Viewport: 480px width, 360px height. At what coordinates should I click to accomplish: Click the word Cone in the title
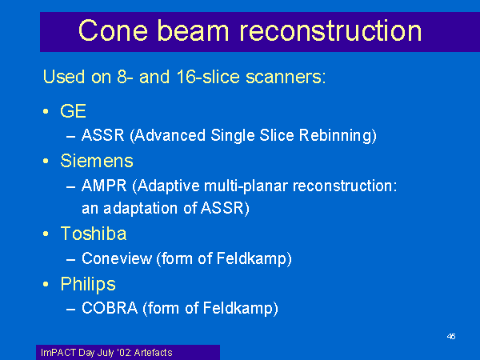click(x=114, y=30)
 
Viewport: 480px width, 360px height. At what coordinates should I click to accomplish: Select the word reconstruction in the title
click(x=330, y=30)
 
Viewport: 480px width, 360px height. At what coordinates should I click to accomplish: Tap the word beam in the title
click(x=193, y=30)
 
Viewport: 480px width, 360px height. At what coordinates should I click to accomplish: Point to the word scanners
click(x=286, y=77)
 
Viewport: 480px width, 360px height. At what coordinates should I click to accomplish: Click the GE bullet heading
click(x=73, y=111)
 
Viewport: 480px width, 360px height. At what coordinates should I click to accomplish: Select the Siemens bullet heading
click(x=97, y=161)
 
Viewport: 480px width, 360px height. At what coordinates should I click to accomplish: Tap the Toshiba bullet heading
click(x=94, y=234)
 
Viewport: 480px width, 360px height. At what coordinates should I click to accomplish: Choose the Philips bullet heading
click(x=88, y=284)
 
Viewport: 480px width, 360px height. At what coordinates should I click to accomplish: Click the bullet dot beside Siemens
click(x=46, y=161)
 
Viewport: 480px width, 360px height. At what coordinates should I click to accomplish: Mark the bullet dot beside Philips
click(x=46, y=284)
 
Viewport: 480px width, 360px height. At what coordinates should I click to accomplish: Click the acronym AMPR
click(x=104, y=186)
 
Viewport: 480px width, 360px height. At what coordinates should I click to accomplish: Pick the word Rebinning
click(x=338, y=136)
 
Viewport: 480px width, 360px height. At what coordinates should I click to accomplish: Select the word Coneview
click(x=117, y=258)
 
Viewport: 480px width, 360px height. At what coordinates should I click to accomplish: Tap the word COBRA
click(x=110, y=308)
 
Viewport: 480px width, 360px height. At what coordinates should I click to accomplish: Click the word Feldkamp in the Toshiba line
click(x=254, y=258)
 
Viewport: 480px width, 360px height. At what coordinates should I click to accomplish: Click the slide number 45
click(x=451, y=337)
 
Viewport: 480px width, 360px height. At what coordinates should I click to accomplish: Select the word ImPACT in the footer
click(x=58, y=353)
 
